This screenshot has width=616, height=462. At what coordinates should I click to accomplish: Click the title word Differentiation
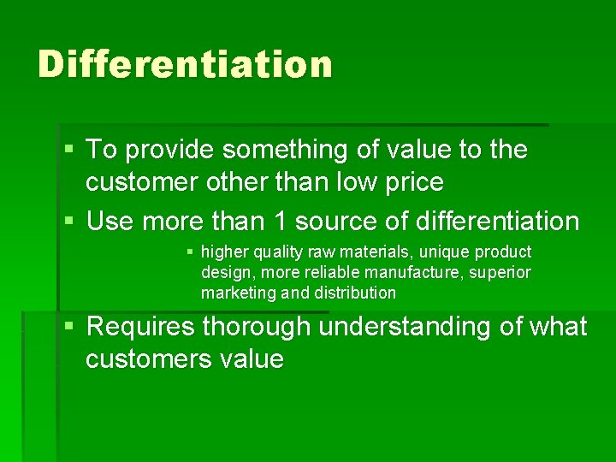point(185,64)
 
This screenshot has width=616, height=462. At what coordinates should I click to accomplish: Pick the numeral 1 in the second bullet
point(277,222)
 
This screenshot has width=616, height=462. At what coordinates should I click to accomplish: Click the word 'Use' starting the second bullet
point(110,222)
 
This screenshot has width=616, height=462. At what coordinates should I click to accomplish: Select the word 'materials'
point(371,252)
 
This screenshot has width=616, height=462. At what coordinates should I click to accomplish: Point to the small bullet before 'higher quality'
point(190,252)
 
